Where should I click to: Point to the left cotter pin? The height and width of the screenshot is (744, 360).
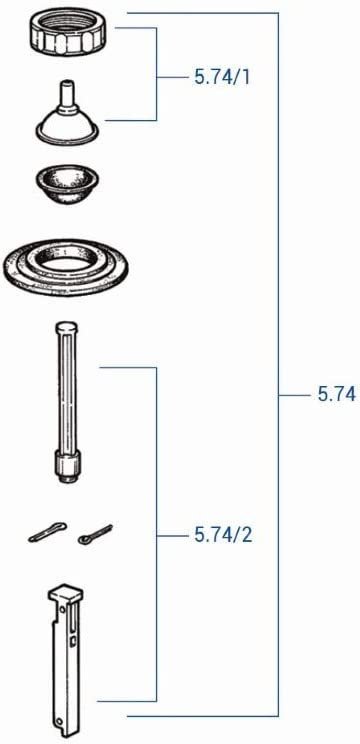click(46, 536)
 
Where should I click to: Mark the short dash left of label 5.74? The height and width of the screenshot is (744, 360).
click(293, 395)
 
